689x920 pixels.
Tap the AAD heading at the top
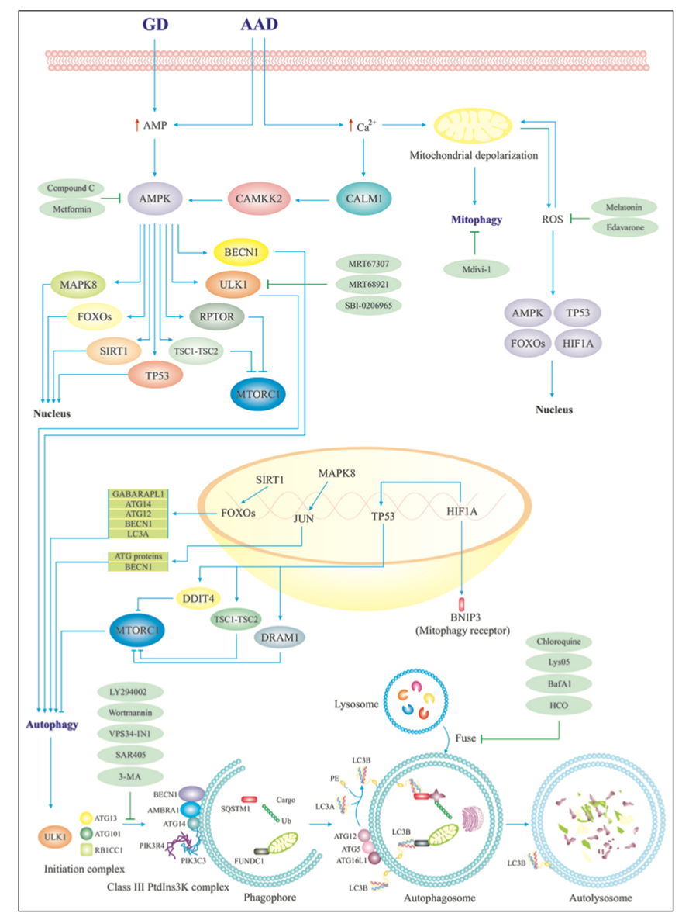[259, 26]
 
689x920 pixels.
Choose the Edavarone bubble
[624, 228]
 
